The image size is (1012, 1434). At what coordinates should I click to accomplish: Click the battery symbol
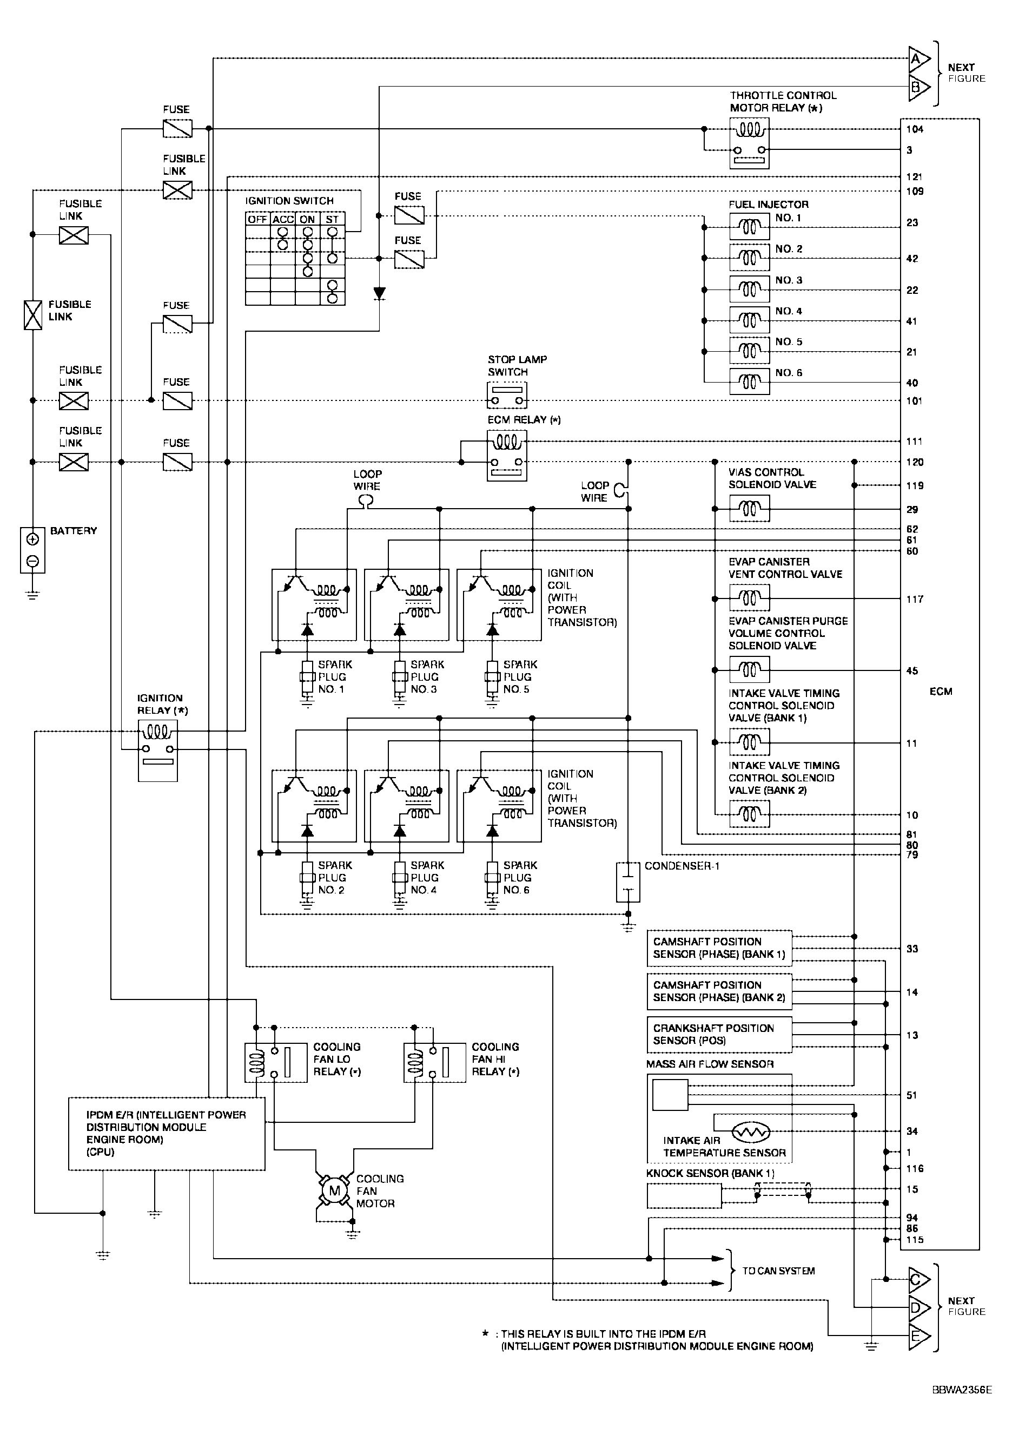pyautogui.click(x=32, y=550)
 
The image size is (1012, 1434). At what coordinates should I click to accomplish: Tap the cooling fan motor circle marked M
pyautogui.click(x=335, y=1190)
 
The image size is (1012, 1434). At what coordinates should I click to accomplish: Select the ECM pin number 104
pyautogui.click(x=915, y=129)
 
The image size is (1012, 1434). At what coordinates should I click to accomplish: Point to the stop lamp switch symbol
pyautogui.click(x=506, y=394)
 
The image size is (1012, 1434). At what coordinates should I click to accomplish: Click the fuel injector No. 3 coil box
pyautogui.click(x=749, y=289)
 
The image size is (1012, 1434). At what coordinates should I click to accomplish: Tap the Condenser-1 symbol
pyautogui.click(x=628, y=882)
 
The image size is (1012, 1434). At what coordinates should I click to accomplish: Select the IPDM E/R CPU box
pyautogui.click(x=166, y=1133)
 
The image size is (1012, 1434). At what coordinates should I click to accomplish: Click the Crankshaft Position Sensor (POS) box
pyautogui.click(x=719, y=1034)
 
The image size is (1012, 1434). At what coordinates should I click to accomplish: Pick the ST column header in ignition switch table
pyautogui.click(x=332, y=219)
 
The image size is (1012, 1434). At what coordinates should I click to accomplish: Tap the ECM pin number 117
pyautogui.click(x=915, y=599)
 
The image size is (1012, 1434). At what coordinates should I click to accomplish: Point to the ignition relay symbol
pyautogui.click(x=158, y=750)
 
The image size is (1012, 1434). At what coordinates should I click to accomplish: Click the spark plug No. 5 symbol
pyautogui.click(x=492, y=677)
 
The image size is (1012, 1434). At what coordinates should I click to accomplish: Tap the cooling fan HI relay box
pyautogui.click(x=434, y=1062)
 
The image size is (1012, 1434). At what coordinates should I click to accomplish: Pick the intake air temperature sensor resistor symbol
pyautogui.click(x=751, y=1132)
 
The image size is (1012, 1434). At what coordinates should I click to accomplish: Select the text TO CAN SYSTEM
pyautogui.click(x=778, y=1271)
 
